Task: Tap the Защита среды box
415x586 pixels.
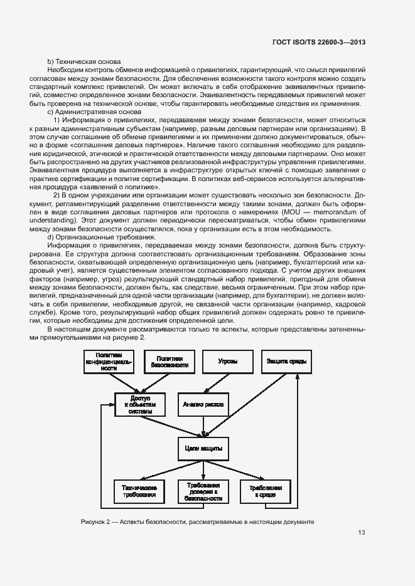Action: [x=286, y=363]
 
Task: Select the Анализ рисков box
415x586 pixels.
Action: [x=202, y=404]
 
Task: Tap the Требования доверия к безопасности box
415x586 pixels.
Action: [x=203, y=491]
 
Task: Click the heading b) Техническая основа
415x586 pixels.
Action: [x=80, y=61]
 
